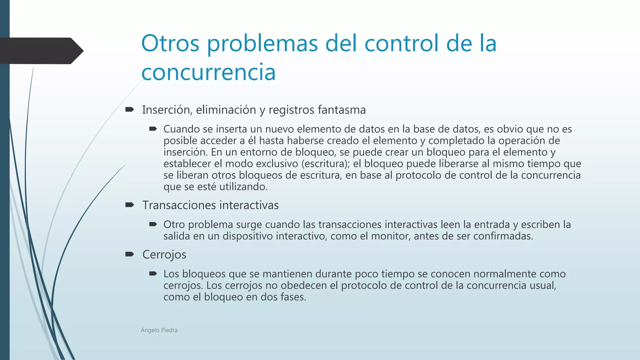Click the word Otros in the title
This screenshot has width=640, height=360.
point(170,43)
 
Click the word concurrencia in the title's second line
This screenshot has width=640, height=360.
point(208,72)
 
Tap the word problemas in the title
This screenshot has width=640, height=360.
point(262,44)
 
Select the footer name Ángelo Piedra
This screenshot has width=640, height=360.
point(159,330)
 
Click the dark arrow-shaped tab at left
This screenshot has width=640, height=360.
point(41,51)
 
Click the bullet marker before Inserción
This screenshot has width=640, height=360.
point(129,109)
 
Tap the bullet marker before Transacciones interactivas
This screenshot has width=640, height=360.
point(129,205)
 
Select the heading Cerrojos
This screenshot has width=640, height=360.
point(164,254)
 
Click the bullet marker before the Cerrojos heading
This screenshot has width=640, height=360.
point(129,254)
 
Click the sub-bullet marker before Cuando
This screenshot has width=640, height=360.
point(153,129)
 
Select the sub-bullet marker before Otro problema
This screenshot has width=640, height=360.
point(153,224)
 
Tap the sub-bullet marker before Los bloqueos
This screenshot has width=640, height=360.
point(153,274)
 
